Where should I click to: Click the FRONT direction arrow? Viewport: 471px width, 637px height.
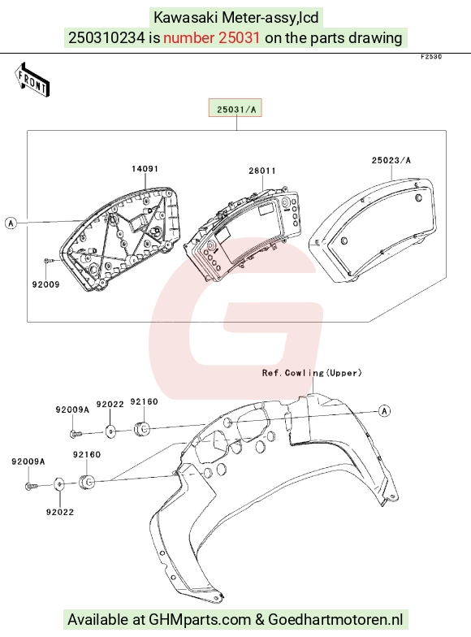click(x=32, y=80)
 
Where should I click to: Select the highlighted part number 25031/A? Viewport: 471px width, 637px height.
click(x=235, y=108)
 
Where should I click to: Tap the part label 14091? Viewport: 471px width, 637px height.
click(x=145, y=169)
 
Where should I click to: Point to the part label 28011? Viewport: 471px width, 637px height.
click(x=262, y=171)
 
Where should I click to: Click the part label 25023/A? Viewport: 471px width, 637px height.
click(x=391, y=160)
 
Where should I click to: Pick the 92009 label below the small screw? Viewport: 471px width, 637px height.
click(x=45, y=284)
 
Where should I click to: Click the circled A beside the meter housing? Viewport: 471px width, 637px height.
click(x=11, y=223)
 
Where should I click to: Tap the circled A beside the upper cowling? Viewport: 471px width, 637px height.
click(x=385, y=411)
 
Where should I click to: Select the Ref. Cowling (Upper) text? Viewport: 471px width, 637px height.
click(x=312, y=373)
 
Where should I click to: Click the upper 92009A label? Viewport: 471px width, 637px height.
click(x=72, y=409)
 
